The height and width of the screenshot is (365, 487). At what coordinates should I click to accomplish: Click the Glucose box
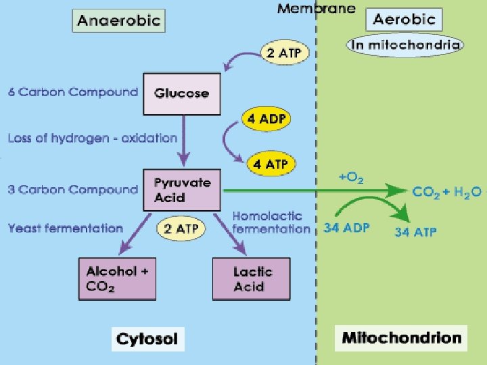click(x=181, y=93)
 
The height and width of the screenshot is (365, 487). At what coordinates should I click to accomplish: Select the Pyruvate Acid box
click(x=182, y=190)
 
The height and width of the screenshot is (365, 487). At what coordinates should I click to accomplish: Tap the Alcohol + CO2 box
click(x=117, y=278)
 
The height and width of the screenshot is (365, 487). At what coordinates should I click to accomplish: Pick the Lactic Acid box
click(x=252, y=278)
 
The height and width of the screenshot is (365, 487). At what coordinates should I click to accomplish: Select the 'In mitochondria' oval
click(x=405, y=45)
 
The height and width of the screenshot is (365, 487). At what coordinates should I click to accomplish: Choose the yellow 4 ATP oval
click(x=270, y=164)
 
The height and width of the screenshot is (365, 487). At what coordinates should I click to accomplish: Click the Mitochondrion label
click(x=401, y=337)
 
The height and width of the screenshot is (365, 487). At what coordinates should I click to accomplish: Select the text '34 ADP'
click(x=346, y=228)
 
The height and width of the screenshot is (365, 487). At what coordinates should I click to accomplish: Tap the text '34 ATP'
click(x=415, y=232)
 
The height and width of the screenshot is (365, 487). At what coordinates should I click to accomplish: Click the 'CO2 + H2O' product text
click(x=446, y=192)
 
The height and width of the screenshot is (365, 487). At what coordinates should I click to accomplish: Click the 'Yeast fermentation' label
click(x=66, y=228)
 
